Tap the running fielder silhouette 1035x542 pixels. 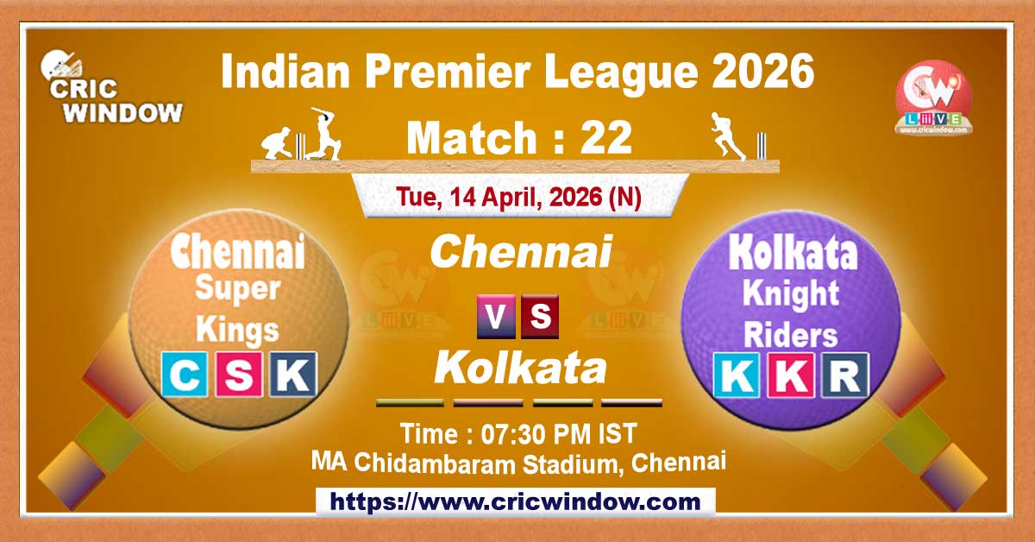tap(726, 136)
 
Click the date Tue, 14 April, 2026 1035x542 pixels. tap(519, 197)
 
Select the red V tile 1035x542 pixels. tap(496, 317)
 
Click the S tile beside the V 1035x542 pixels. tap(540, 317)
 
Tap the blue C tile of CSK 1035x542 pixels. tap(185, 375)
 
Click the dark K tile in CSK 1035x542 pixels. tap(293, 375)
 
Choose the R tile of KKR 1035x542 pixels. tap(844, 375)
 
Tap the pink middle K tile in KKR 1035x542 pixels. tap(791, 375)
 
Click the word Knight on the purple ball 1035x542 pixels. tap(792, 294)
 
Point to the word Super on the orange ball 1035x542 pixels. tap(239, 289)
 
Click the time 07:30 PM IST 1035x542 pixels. tap(519, 432)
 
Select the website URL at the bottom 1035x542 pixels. tap(516, 501)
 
